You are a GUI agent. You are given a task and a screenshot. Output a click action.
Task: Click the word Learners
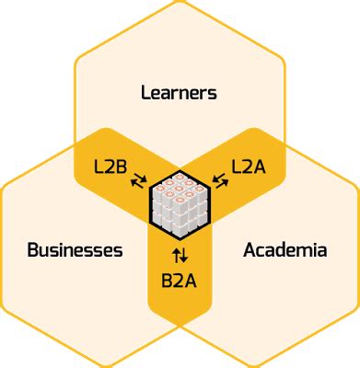pos(179,92)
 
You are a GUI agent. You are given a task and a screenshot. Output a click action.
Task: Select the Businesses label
pos(75,249)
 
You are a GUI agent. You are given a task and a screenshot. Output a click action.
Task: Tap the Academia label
pos(285,249)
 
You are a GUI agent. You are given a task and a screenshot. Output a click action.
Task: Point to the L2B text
pos(111,167)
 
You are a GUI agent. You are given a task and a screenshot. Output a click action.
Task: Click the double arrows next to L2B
pos(138,180)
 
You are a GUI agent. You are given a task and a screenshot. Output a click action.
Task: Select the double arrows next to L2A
pos(221,180)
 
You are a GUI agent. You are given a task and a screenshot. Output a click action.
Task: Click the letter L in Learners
pos(145,92)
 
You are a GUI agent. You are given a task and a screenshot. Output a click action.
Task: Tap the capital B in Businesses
pos(32,249)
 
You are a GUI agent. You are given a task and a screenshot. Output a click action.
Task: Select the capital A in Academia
pos(250,249)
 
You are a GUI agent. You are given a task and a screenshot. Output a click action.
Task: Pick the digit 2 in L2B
pos(111,167)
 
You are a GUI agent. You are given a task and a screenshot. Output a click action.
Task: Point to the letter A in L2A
pos(261,167)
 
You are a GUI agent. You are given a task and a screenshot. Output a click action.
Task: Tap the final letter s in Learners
pos(212,92)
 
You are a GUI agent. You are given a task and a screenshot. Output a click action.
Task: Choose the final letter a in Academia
pos(321,249)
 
